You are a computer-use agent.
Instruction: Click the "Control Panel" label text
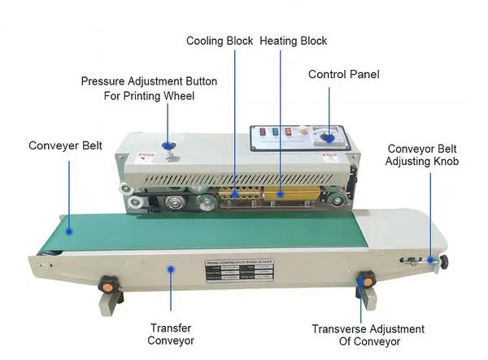343,75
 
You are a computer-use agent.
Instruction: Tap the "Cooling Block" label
219,41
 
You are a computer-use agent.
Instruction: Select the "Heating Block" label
294,41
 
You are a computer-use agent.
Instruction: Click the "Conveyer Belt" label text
65,146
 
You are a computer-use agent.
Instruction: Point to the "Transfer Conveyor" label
172,335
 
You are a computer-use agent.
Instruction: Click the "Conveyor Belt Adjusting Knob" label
423,155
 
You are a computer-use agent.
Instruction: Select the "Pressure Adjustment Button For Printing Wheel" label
137,89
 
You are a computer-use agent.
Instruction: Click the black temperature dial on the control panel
329,138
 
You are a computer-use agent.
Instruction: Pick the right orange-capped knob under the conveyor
366,280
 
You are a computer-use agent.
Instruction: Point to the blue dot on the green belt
71,230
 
